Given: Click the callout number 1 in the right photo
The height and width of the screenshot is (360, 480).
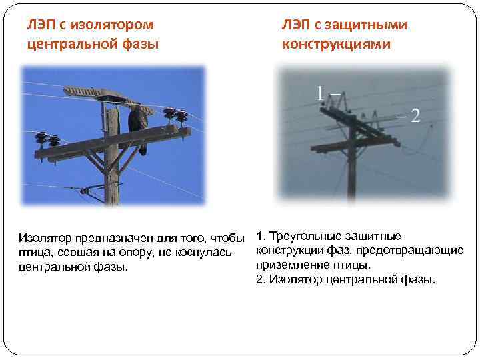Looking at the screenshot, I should click(x=321, y=93).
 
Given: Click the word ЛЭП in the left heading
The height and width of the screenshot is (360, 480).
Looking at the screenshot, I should click(x=41, y=25).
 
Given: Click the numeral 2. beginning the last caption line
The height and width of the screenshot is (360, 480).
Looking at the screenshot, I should click(x=261, y=279).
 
